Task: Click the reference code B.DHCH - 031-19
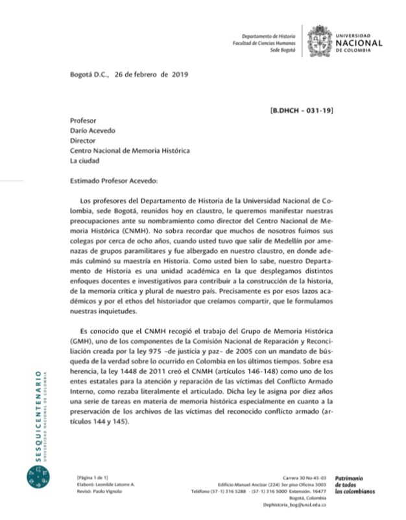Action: click(302, 111)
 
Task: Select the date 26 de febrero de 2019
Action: click(151, 75)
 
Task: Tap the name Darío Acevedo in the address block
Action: click(93, 130)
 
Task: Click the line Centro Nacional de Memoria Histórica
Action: click(130, 150)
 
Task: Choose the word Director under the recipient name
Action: click(83, 141)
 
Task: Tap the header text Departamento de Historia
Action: click(268, 36)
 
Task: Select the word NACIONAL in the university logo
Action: click(359, 43)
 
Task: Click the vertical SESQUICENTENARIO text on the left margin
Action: click(37, 414)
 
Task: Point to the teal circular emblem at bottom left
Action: click(37, 480)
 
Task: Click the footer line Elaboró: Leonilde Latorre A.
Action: click(105, 484)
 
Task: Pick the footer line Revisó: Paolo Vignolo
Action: click(99, 492)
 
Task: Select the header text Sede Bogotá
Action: click(283, 50)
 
